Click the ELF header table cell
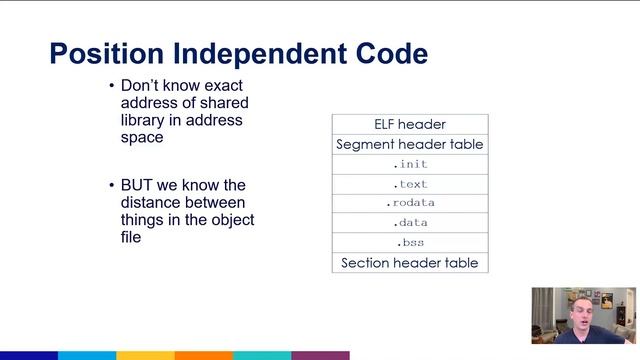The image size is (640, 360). tap(410, 125)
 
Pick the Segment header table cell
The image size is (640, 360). tap(410, 144)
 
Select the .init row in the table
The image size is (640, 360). tap(410, 164)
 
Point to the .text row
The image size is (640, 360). tap(410, 184)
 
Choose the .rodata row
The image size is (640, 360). tap(410, 203)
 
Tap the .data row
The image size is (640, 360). tap(410, 223)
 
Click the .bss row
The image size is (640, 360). tap(410, 243)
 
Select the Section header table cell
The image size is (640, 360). tap(410, 263)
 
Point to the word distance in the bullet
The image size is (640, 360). tap(149, 203)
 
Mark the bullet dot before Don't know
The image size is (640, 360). tap(111, 87)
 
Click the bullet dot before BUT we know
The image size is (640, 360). tap(111, 187)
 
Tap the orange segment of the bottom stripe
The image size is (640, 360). tap(204, 355)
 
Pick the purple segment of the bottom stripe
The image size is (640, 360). tap(320, 355)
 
